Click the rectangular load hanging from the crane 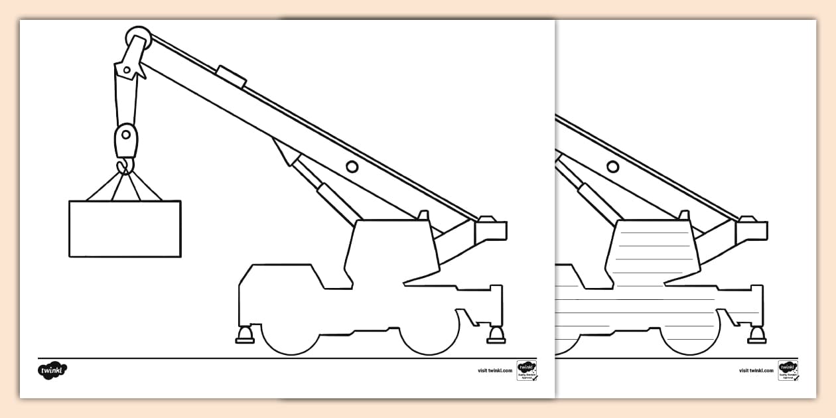[x=125, y=228]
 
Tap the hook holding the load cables [x=124, y=166]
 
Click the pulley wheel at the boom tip [x=138, y=37]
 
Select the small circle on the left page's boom [x=352, y=166]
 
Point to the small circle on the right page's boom [x=613, y=166]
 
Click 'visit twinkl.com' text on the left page [x=495, y=370]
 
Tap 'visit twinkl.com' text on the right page [x=756, y=370]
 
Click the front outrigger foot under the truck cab [x=245, y=336]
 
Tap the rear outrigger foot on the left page [x=496, y=335]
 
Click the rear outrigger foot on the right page [x=757, y=335]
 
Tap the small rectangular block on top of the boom [x=232, y=76]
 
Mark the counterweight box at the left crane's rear [x=491, y=230]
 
